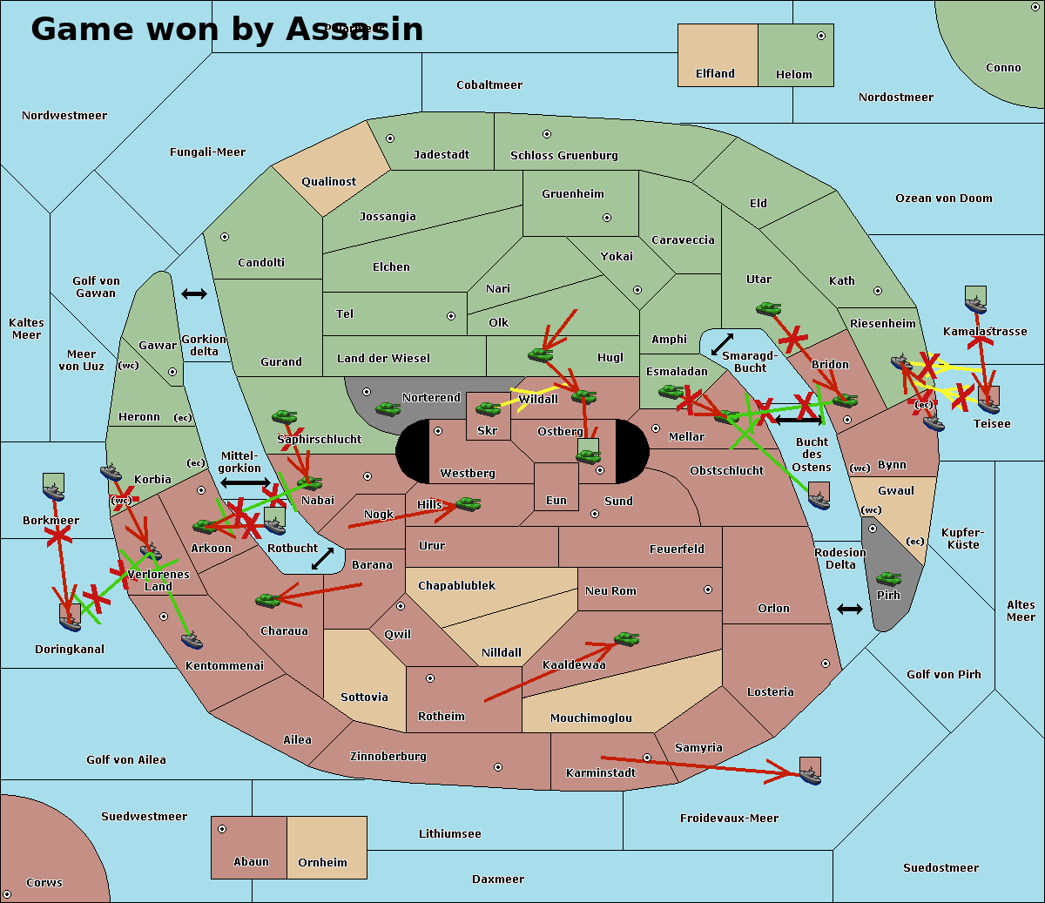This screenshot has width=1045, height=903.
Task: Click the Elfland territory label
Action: click(x=715, y=74)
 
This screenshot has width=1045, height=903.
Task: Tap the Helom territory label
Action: click(x=793, y=75)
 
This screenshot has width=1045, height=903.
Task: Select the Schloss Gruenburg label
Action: click(x=563, y=156)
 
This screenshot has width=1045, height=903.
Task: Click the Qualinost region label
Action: click(x=328, y=182)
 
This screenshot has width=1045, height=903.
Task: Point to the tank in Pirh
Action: click(x=888, y=579)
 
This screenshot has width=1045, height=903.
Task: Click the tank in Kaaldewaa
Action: click(x=626, y=639)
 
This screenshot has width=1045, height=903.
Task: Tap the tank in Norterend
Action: click(x=388, y=408)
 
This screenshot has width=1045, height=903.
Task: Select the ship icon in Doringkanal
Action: click(x=70, y=618)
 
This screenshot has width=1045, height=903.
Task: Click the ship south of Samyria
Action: click(x=810, y=772)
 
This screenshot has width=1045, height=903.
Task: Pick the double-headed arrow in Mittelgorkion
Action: click(x=246, y=482)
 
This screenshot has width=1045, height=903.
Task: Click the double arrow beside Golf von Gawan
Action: click(x=193, y=294)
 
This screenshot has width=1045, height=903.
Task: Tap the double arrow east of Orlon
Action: click(x=849, y=609)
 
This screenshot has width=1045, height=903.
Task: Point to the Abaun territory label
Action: click(x=251, y=862)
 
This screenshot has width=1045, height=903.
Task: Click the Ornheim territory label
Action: click(x=322, y=863)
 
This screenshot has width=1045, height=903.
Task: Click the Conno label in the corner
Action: click(x=1003, y=68)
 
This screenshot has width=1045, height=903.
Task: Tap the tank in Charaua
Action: click(x=266, y=599)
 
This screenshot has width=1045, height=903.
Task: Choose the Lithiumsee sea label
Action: click(x=449, y=834)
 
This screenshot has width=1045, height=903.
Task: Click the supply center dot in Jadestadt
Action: click(x=390, y=138)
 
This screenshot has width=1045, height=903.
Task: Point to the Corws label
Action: click(x=44, y=883)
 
